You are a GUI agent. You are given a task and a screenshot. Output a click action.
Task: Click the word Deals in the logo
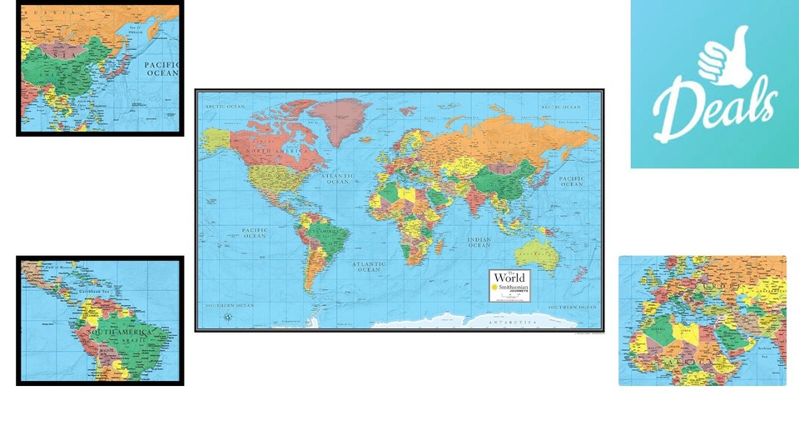point(714,108)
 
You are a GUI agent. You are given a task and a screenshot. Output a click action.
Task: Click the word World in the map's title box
point(509,278)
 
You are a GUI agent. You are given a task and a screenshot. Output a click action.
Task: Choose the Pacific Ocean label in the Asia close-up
point(161,68)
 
